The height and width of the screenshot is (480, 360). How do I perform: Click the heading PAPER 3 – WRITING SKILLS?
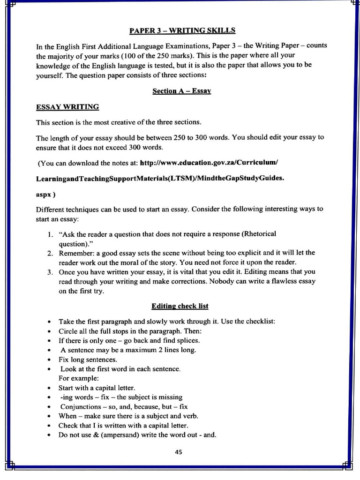point(182,31)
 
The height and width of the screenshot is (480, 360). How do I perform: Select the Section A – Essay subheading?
point(181,91)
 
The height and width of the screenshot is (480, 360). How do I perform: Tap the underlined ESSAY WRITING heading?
point(67,107)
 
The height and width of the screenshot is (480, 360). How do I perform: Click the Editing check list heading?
point(180,306)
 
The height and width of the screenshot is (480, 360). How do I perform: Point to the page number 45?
point(179,452)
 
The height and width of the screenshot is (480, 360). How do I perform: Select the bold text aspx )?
point(46,194)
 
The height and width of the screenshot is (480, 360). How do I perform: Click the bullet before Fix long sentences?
point(49,360)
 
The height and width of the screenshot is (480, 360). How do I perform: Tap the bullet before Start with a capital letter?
point(49,388)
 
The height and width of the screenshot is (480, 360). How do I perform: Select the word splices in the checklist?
point(187,340)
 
